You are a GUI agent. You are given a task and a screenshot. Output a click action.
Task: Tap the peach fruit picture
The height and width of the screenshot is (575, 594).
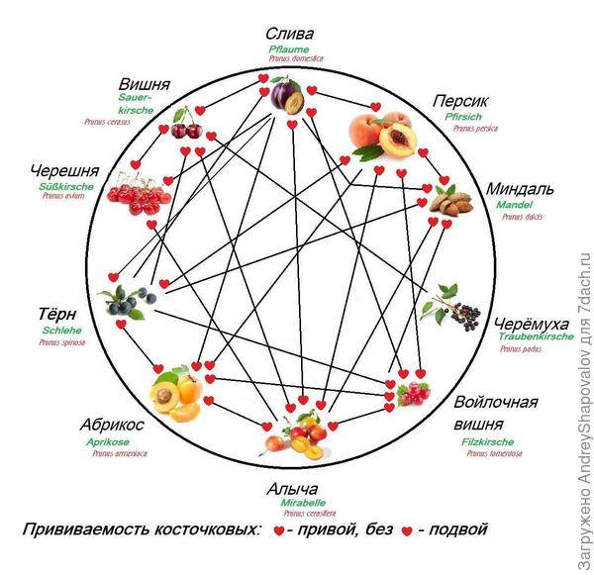(381, 135)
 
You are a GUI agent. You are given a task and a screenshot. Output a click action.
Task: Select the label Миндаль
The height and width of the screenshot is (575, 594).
(520, 188)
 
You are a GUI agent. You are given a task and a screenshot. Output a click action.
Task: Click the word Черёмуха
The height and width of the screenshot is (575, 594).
(534, 324)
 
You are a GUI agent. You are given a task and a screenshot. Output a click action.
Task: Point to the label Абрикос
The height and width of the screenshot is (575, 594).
(112, 424)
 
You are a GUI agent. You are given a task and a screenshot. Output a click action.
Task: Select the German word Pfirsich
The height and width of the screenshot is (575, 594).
(466, 117)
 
